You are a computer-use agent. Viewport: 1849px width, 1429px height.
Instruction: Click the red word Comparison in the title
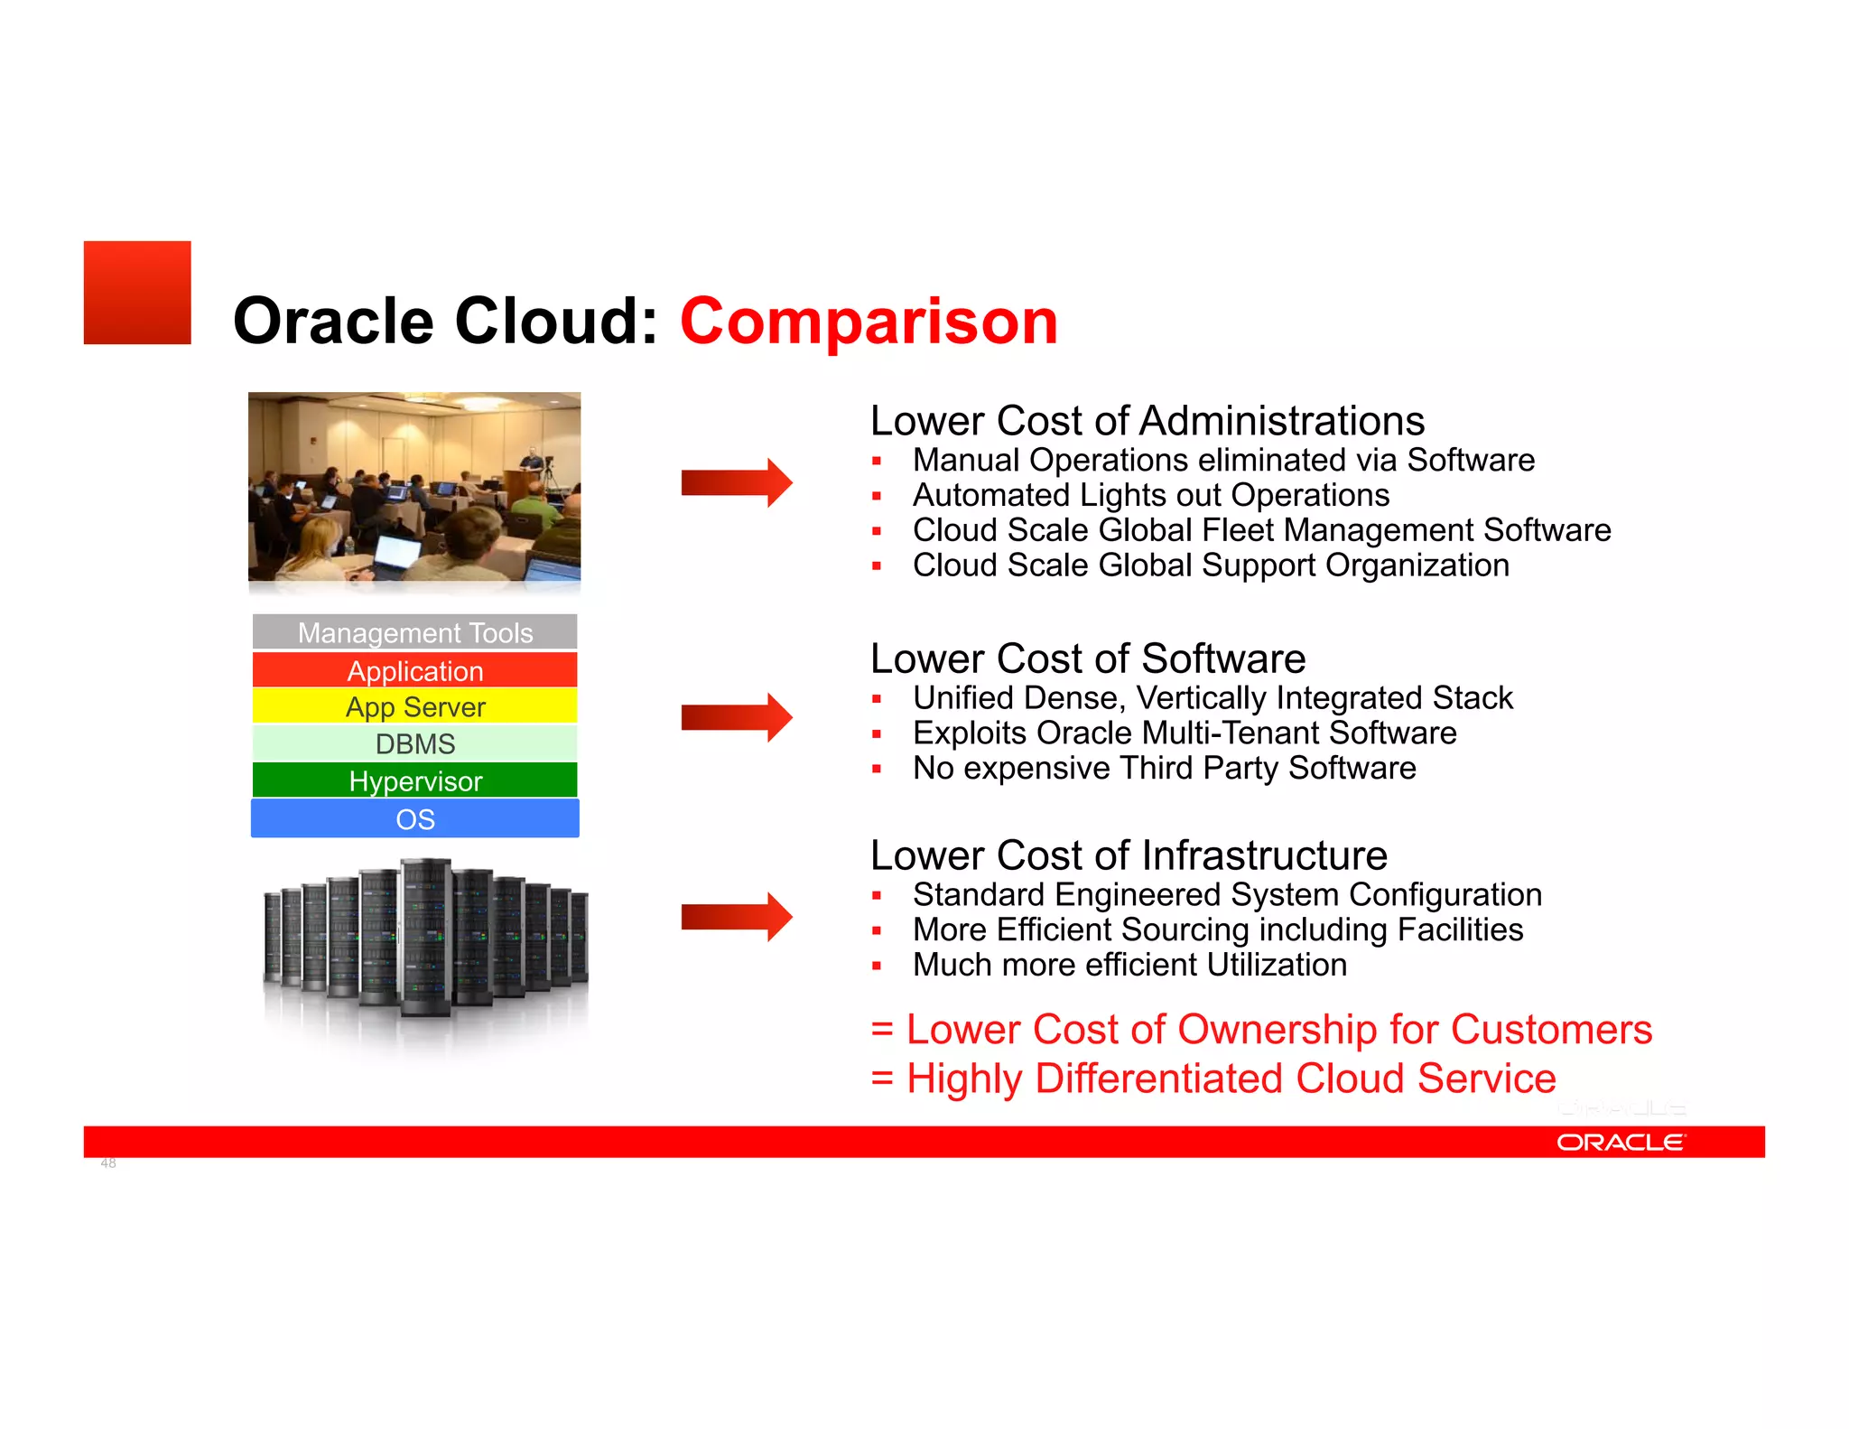coord(868,322)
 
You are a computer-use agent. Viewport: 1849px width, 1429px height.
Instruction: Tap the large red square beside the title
coord(137,293)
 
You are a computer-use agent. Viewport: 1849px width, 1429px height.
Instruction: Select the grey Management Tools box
coord(414,632)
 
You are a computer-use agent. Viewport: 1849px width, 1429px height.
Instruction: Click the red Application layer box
coord(414,670)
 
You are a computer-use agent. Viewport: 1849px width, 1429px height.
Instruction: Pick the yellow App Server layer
coord(414,706)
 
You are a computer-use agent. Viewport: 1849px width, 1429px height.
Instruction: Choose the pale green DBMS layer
coord(414,743)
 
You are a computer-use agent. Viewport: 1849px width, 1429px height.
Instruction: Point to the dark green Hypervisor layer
coord(414,780)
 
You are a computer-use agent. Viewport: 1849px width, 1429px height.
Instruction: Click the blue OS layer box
coord(414,818)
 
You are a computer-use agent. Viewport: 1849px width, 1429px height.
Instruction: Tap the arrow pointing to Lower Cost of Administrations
coord(736,482)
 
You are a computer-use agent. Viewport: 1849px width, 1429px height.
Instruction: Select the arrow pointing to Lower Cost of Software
coord(736,717)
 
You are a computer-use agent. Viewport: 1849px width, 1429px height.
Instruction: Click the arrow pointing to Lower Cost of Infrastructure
coord(736,917)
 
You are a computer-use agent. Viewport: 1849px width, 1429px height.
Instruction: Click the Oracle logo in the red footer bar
coord(1620,1143)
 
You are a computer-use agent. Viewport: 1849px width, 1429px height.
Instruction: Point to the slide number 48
coord(108,1163)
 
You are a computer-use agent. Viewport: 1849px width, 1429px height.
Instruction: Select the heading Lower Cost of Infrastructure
coord(1128,855)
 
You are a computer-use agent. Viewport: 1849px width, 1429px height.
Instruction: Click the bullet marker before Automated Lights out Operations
coord(876,496)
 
